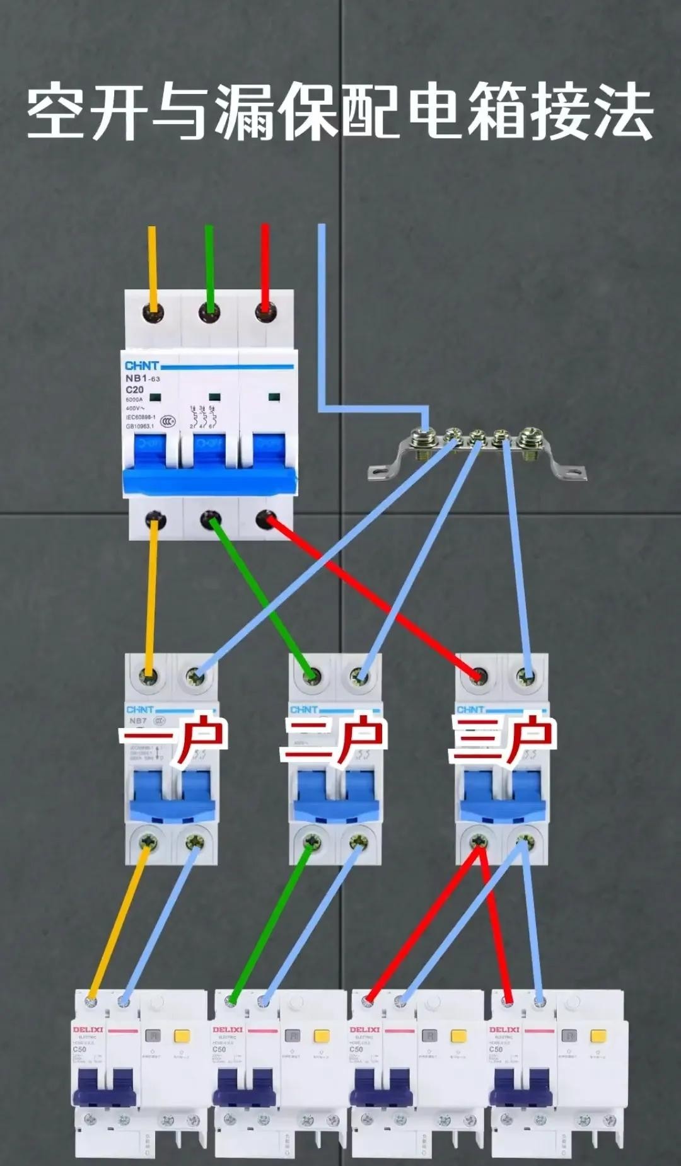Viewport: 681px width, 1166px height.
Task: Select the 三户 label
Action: click(x=501, y=739)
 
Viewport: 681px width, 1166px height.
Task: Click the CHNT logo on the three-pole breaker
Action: click(x=141, y=366)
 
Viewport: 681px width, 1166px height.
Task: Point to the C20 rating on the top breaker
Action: click(x=134, y=390)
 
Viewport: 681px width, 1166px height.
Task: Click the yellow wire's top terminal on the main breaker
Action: click(x=152, y=312)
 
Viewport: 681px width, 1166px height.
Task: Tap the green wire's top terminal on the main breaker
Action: click(x=209, y=312)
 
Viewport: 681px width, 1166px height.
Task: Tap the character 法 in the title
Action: click(x=622, y=113)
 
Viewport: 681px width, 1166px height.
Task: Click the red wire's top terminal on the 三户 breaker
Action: click(x=479, y=677)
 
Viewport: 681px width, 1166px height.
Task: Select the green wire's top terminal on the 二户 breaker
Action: click(x=310, y=677)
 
